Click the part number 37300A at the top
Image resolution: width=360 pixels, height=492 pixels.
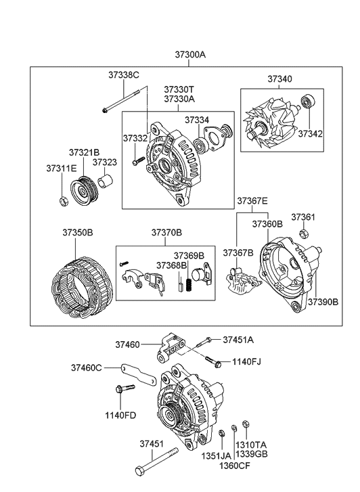coord(190,54)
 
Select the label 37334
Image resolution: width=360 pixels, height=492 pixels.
coord(197,120)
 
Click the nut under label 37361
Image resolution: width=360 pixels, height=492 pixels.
coord(304,234)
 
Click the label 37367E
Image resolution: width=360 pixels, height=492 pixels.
coord(252,200)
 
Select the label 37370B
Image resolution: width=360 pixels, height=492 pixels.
coord(166,232)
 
